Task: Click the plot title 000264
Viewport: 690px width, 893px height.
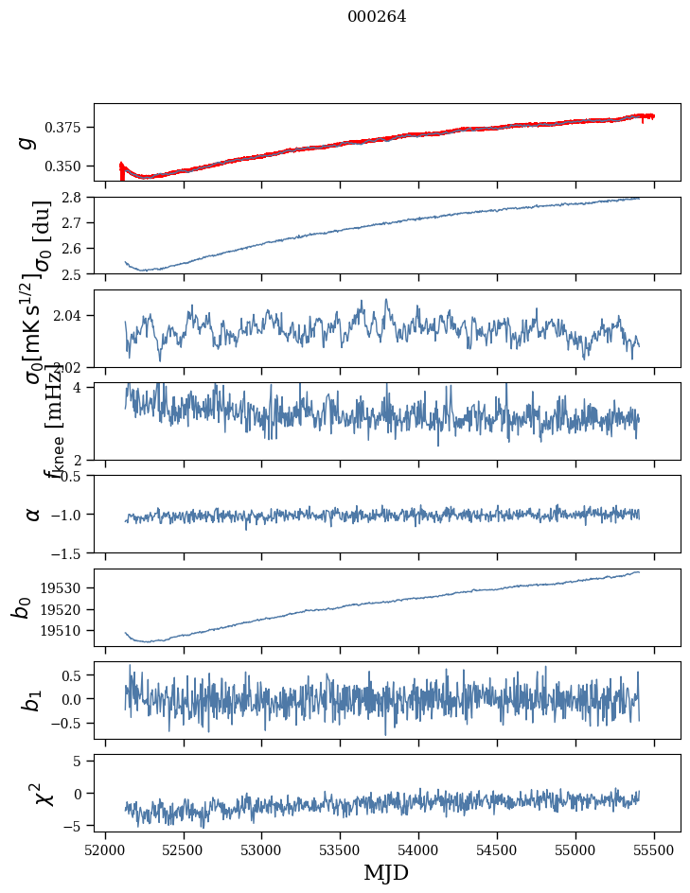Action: (x=377, y=17)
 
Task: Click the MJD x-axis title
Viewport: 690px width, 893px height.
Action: (x=386, y=872)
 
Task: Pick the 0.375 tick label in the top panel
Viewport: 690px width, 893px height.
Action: (x=69, y=128)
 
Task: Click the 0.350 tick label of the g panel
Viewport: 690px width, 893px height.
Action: (x=69, y=166)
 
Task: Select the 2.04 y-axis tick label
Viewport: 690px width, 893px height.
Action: (x=73, y=315)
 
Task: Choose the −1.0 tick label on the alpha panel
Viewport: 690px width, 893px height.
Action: (x=69, y=515)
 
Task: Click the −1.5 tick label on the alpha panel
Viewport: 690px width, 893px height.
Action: (x=69, y=552)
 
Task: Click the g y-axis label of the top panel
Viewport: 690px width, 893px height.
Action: (x=28, y=141)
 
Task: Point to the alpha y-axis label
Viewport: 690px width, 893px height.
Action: (x=33, y=514)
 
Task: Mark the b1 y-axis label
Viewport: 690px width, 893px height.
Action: (x=32, y=700)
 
